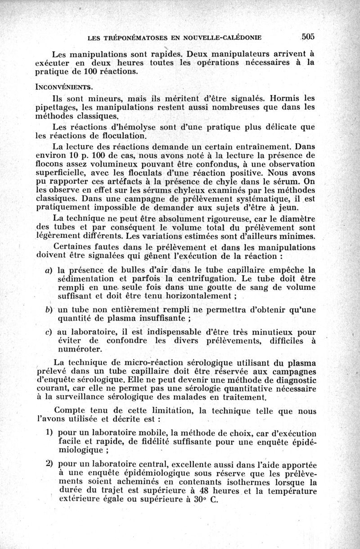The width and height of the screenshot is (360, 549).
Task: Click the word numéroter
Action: (80, 349)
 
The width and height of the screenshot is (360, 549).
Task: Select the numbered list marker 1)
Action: (50, 432)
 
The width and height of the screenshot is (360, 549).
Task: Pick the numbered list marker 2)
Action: (50, 463)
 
